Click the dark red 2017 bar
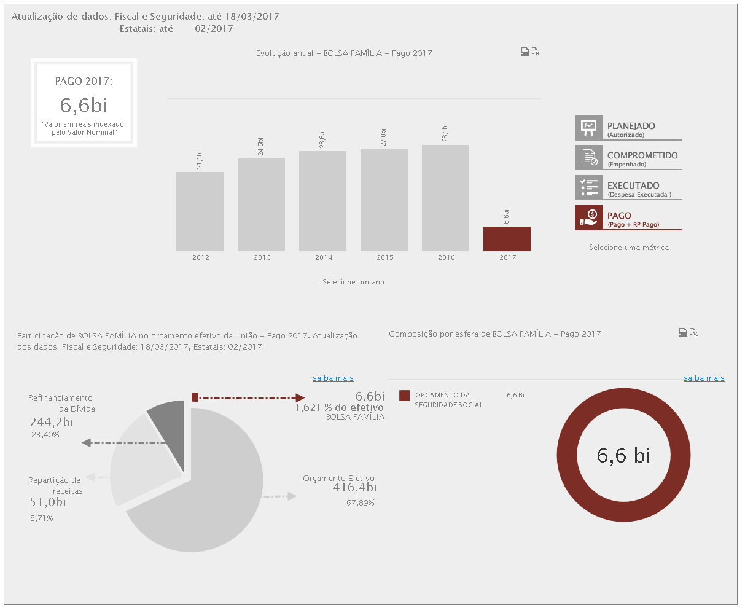(x=507, y=239)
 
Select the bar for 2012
(x=200, y=211)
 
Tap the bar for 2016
(x=445, y=198)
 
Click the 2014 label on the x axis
(x=324, y=257)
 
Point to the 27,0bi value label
(x=383, y=138)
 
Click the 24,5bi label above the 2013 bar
(x=260, y=147)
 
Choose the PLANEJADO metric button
(x=628, y=128)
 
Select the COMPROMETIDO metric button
(x=628, y=158)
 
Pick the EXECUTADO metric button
(x=628, y=189)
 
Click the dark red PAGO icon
(x=589, y=217)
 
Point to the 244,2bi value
(x=52, y=422)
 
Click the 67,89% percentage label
(x=361, y=503)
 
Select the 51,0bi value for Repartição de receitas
(x=48, y=502)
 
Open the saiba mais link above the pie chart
(x=333, y=378)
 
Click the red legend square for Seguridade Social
(x=404, y=396)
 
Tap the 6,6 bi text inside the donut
(x=623, y=456)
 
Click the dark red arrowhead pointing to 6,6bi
(x=300, y=397)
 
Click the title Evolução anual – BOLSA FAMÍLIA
(x=344, y=53)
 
